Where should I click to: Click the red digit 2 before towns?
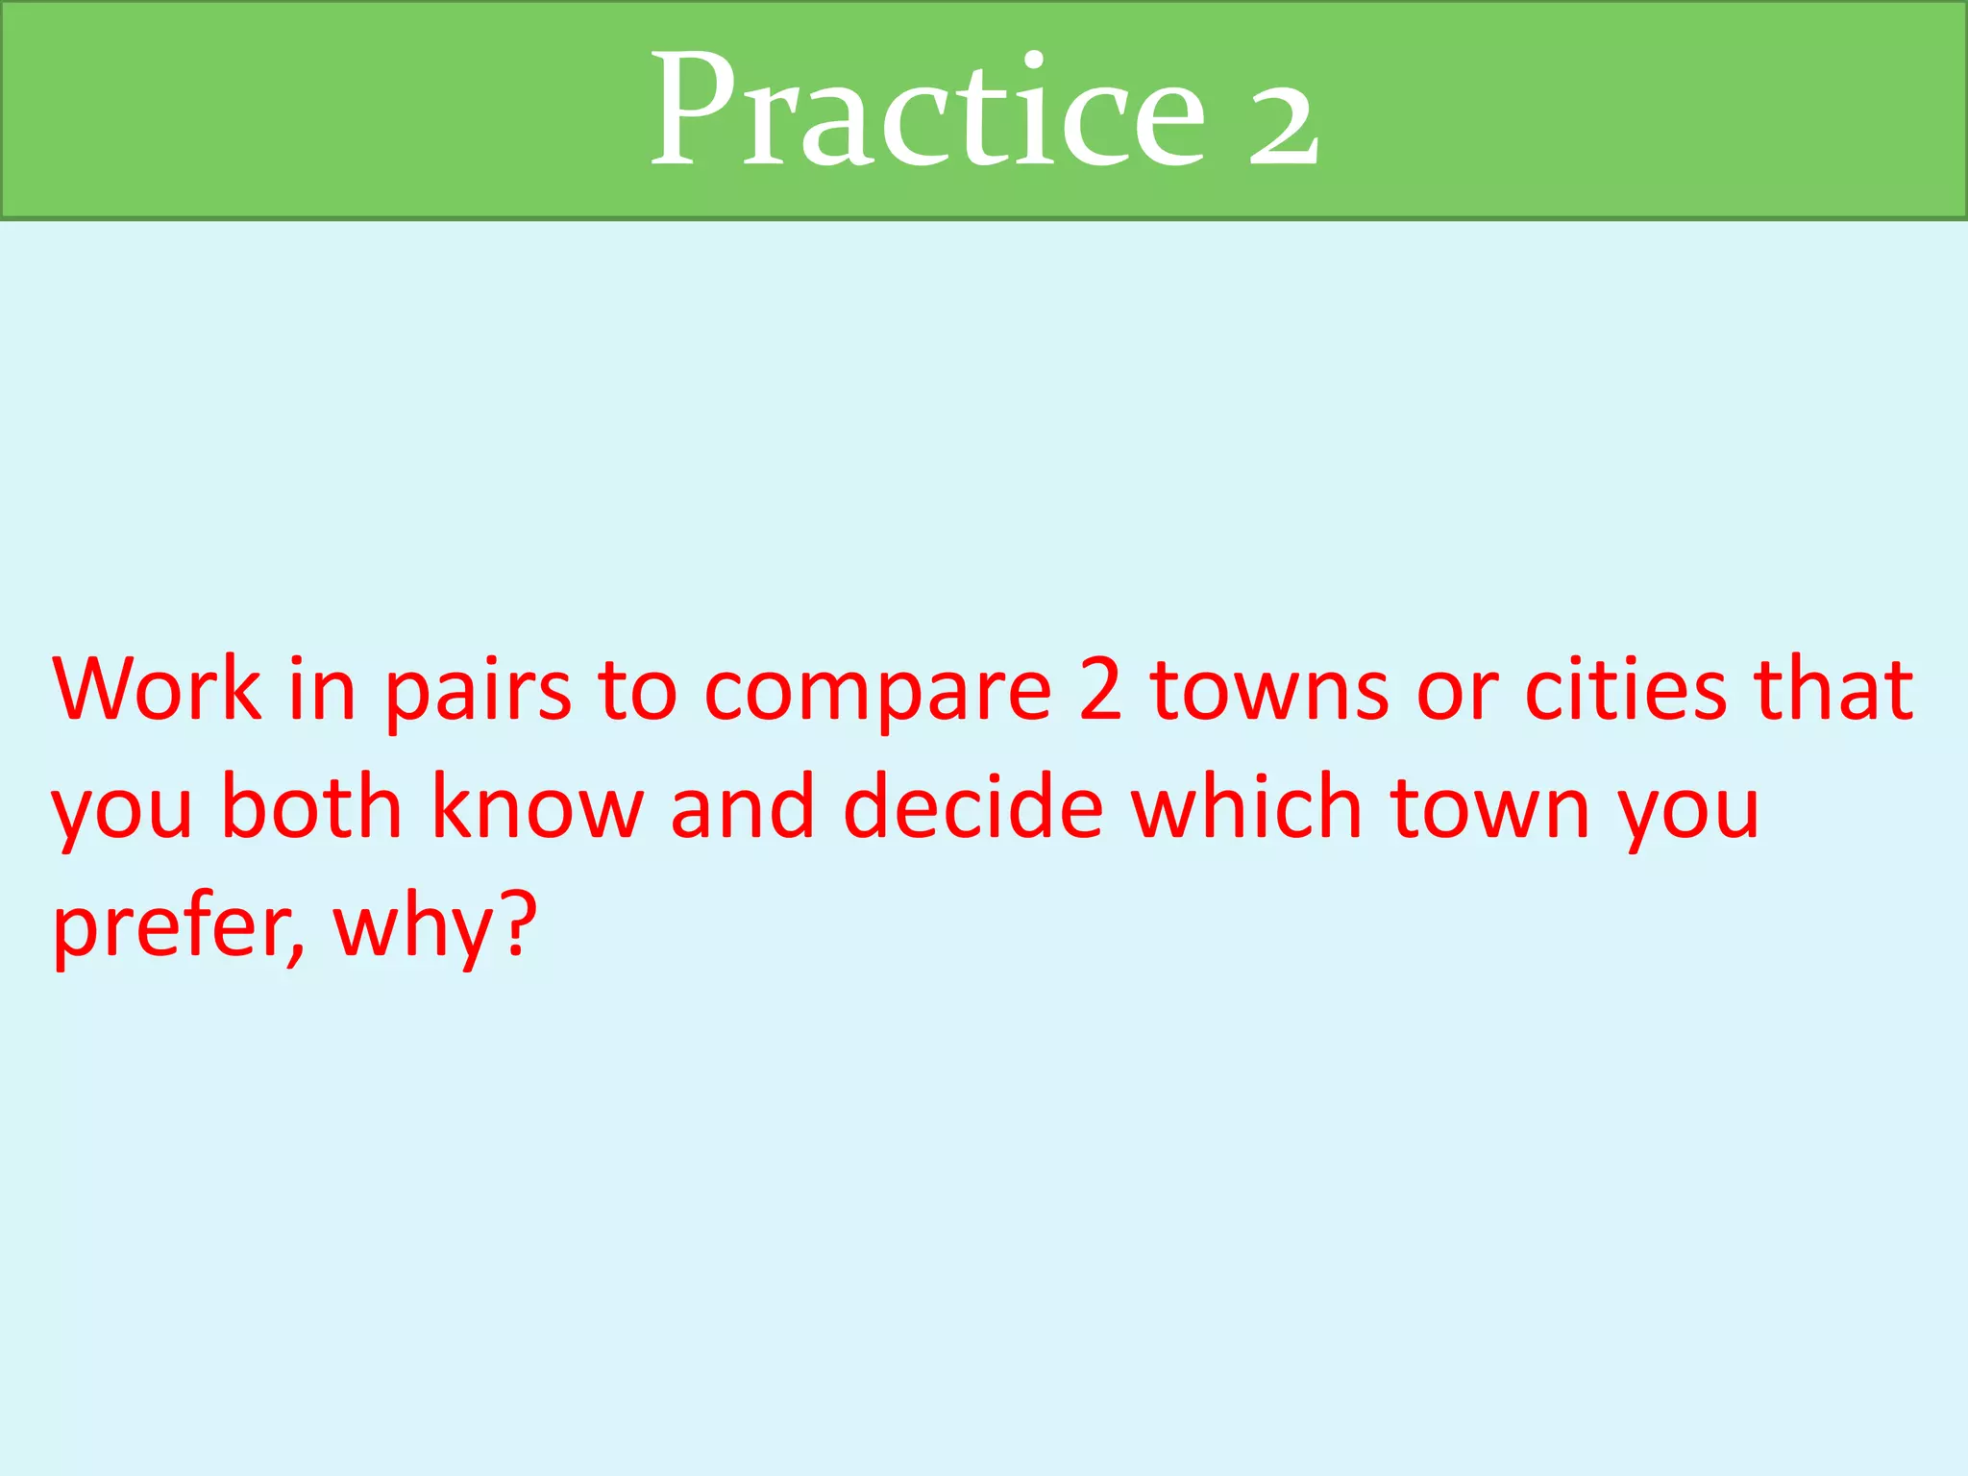tap(1100, 689)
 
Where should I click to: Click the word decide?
tap(972, 807)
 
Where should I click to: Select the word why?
tap(413, 928)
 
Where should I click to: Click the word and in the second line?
tap(743, 807)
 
